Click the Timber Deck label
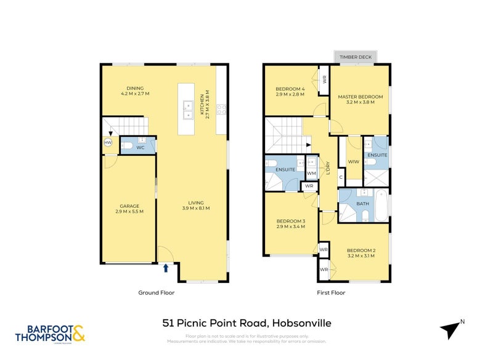(356, 57)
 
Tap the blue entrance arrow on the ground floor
(165, 268)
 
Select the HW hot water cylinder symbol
(108, 143)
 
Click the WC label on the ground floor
(140, 148)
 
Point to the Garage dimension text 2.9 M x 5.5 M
(129, 211)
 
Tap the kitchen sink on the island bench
(189, 110)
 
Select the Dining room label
(135, 88)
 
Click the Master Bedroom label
(359, 97)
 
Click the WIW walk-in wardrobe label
(353, 162)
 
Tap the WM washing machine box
(311, 174)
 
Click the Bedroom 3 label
(290, 221)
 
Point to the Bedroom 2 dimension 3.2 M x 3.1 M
(360, 256)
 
